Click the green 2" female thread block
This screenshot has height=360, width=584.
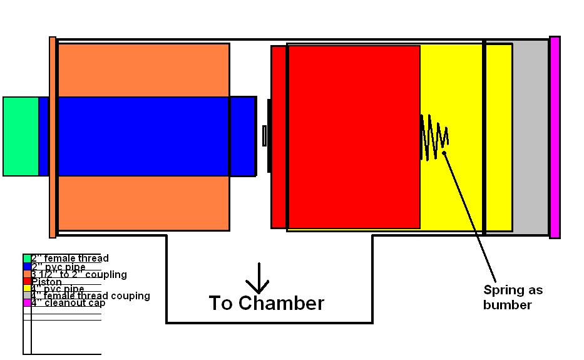click(x=21, y=136)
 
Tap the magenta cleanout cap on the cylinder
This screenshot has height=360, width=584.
click(x=555, y=136)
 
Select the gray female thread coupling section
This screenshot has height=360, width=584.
click(x=530, y=136)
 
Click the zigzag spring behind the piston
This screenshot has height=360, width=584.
click(x=434, y=136)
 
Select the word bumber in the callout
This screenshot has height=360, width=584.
click(x=507, y=306)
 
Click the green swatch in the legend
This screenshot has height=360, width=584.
click(x=27, y=259)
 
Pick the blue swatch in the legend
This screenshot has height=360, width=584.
click(x=27, y=266)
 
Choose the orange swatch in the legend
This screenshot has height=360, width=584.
click(x=27, y=274)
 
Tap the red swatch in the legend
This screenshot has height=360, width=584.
click(x=27, y=281)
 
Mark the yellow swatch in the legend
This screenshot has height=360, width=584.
click(x=27, y=289)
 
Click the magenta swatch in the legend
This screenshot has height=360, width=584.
click(x=27, y=303)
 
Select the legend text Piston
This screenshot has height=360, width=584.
click(x=47, y=282)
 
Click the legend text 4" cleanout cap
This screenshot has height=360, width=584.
click(x=68, y=303)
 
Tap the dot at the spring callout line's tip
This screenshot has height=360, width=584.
click(x=444, y=152)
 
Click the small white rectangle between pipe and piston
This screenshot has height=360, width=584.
click(x=264, y=136)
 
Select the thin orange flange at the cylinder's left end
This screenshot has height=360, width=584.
click(x=53, y=136)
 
